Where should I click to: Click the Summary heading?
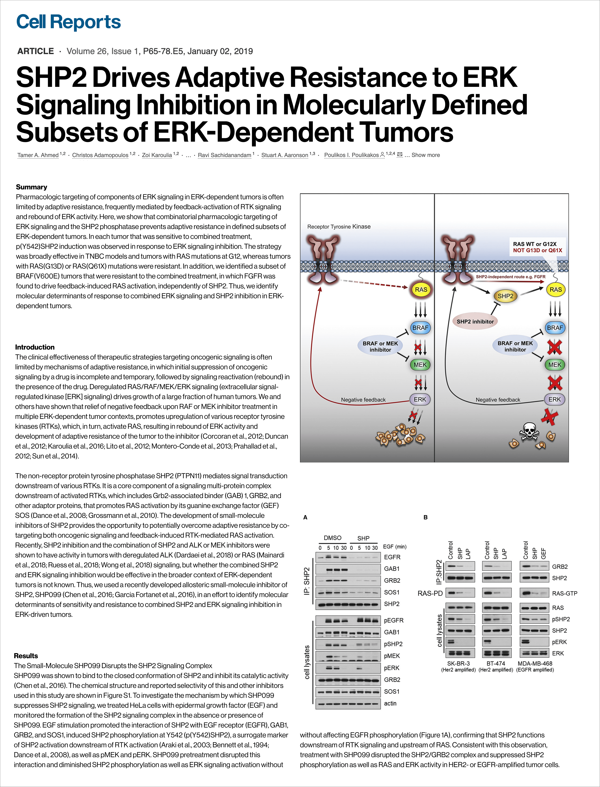(x=31, y=187)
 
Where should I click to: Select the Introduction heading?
(x=35, y=347)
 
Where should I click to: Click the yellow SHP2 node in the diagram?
(x=505, y=296)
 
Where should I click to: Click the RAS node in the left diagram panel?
(x=421, y=289)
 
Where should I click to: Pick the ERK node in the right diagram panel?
(x=554, y=399)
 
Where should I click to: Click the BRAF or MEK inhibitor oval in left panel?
(x=380, y=346)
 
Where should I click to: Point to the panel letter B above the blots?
(x=425, y=517)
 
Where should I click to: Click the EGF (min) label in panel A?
(x=395, y=546)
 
